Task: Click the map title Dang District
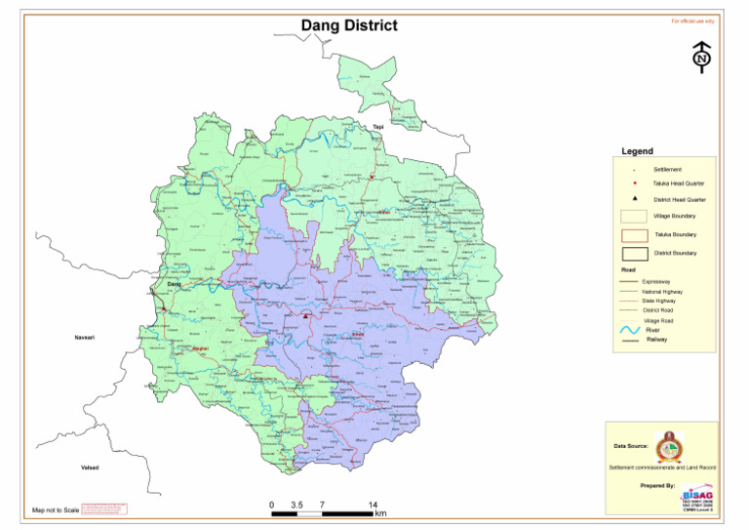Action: [x=348, y=25]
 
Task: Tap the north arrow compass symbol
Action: [x=700, y=58]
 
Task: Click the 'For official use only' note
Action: [x=692, y=20]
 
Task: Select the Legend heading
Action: [x=637, y=151]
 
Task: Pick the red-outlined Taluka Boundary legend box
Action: [x=634, y=234]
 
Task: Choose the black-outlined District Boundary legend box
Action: [x=634, y=254]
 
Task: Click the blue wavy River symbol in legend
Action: [x=630, y=330]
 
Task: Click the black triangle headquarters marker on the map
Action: [x=305, y=316]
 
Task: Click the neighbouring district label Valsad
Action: [x=90, y=468]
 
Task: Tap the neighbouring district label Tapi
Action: [x=377, y=127]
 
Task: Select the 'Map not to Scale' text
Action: [x=55, y=510]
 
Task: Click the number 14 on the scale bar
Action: [x=373, y=504]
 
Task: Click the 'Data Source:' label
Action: [x=630, y=446]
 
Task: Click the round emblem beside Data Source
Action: [x=667, y=446]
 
